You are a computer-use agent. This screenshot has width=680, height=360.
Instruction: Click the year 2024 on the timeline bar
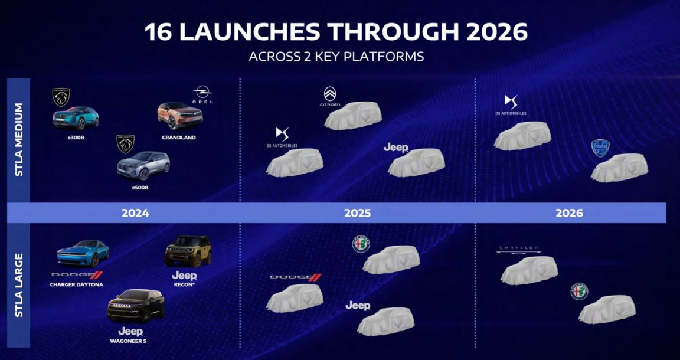[x=135, y=213]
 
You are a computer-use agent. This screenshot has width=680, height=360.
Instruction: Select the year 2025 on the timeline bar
[x=358, y=213]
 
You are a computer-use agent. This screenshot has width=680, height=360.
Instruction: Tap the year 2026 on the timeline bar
[x=569, y=213]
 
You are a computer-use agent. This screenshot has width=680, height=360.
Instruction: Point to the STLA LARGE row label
[x=19, y=285]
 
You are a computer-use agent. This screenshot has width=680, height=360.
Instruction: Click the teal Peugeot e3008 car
[x=76, y=118]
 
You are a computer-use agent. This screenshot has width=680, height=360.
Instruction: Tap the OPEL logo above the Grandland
[x=202, y=96]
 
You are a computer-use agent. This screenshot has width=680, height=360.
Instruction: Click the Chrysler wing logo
[x=519, y=249]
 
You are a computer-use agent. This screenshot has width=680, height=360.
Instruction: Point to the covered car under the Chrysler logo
[x=529, y=270]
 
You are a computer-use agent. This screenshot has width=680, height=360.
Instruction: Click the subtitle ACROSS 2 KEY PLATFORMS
[x=336, y=57]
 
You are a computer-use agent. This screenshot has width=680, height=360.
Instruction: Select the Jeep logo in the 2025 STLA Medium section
[x=395, y=148]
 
